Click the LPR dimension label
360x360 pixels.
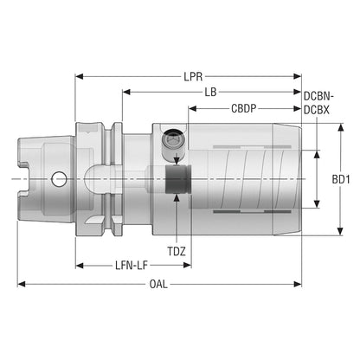(x=193, y=77)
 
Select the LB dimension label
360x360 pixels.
(x=210, y=93)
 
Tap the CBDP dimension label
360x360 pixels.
(x=244, y=108)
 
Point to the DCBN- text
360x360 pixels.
(x=318, y=96)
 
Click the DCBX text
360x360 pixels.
(x=317, y=110)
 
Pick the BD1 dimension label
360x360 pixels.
(x=341, y=179)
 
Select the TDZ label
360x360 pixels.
(x=177, y=252)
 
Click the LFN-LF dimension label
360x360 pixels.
(x=132, y=266)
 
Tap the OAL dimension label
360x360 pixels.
(x=158, y=284)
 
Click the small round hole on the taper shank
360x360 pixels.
(x=59, y=179)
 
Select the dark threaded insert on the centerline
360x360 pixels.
(x=177, y=179)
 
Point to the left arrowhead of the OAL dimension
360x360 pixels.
(x=22, y=284)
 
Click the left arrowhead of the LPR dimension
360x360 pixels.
(x=79, y=76)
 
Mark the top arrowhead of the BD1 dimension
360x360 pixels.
(x=341, y=127)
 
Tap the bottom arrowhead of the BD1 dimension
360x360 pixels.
(x=341, y=231)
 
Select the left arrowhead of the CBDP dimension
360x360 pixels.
(x=192, y=108)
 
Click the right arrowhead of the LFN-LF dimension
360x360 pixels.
(x=187, y=266)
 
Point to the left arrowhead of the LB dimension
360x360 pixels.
(x=126, y=92)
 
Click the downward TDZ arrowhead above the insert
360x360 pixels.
(x=177, y=162)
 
